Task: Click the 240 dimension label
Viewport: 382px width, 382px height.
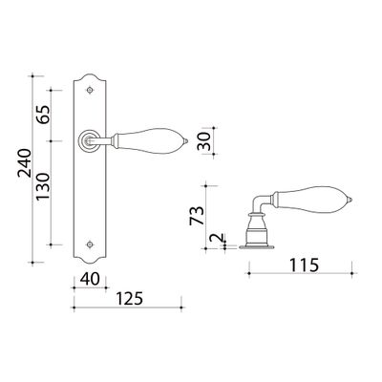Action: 25,163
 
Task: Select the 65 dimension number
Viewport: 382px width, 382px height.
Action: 43,115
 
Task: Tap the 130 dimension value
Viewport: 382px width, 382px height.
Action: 43,186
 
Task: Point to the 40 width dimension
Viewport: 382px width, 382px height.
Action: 90,279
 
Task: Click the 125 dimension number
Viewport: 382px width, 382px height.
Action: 130,299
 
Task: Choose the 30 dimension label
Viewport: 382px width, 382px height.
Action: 204,141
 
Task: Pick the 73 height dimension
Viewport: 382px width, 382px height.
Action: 197,216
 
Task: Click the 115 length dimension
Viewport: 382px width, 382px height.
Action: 304,265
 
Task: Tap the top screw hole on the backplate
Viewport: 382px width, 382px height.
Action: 90,91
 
